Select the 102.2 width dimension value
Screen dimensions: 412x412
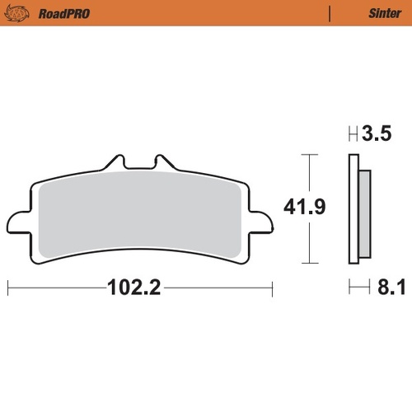132,288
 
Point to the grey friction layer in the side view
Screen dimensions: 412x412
362,210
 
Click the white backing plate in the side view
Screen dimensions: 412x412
353,210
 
